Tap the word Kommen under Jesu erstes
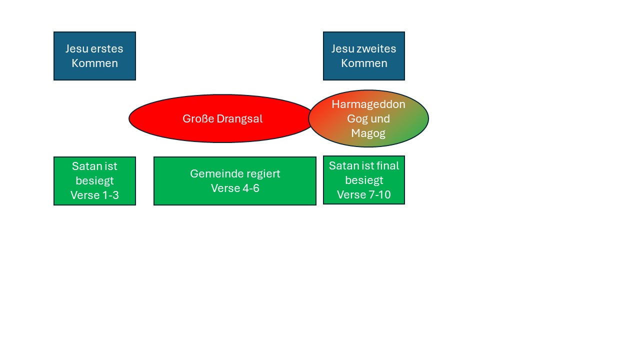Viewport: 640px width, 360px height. tap(94, 63)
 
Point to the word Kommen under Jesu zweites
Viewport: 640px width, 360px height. tap(364, 63)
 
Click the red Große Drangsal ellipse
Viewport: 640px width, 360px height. tap(220, 118)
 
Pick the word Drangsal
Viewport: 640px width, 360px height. tap(239, 118)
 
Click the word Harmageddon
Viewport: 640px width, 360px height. tap(368, 104)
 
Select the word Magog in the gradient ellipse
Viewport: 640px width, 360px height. tap(368, 133)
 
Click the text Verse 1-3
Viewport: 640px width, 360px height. tap(94, 195)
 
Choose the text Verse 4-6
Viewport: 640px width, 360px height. tap(235, 188)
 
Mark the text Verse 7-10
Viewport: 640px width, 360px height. tap(364, 194)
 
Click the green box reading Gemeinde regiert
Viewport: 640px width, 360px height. tap(235, 181)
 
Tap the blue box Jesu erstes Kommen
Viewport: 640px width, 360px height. tap(94, 56)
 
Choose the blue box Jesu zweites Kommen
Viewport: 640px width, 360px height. tap(364, 56)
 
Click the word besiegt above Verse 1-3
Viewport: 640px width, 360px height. tap(94, 181)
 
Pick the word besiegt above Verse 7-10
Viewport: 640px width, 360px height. tap(364, 180)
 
